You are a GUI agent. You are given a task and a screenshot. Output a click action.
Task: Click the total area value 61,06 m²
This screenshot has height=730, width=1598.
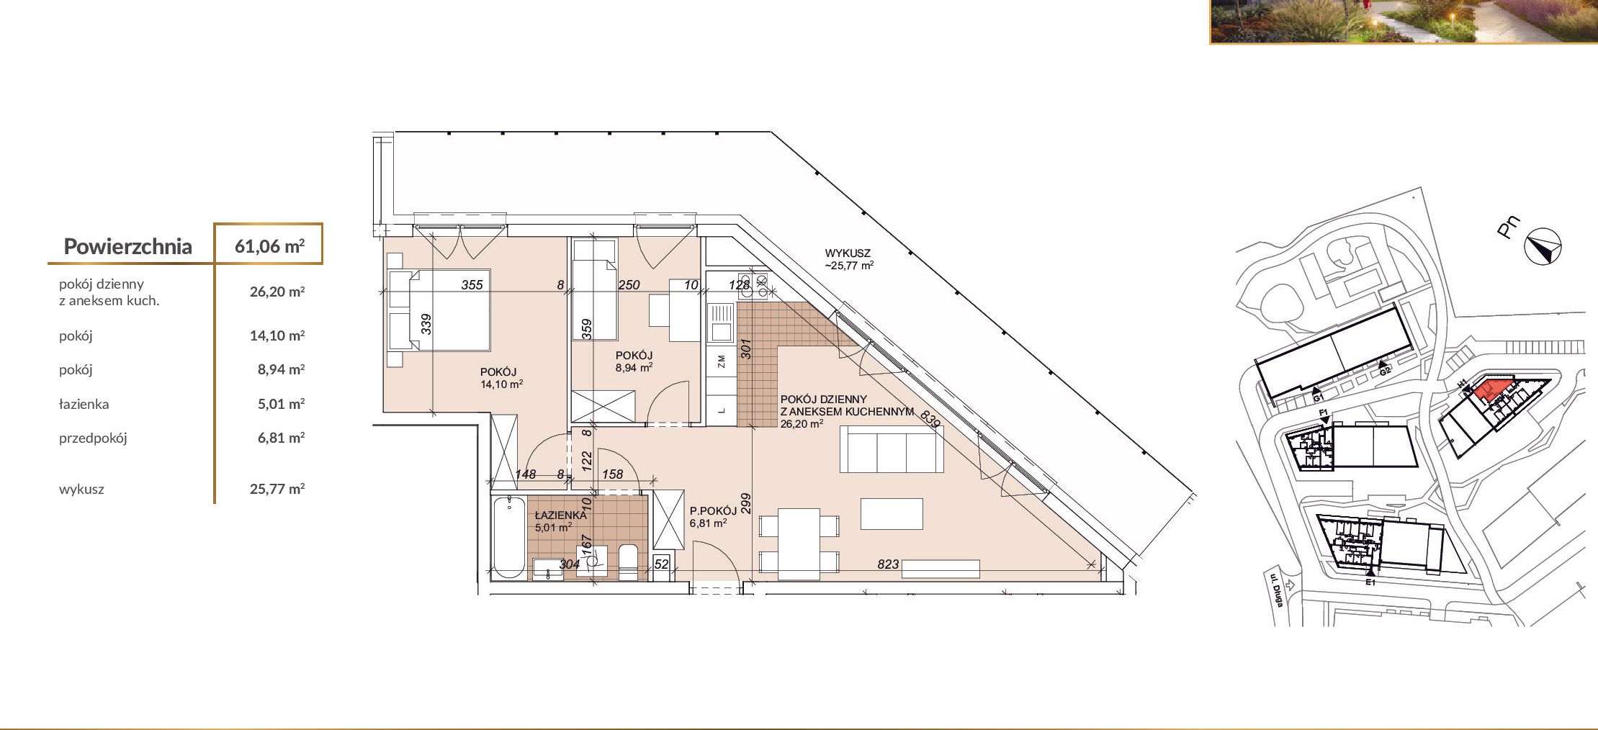269,246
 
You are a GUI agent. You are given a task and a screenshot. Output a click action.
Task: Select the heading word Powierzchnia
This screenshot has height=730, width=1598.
128,247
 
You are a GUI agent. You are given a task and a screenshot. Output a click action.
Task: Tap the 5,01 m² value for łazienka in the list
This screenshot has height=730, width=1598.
281,404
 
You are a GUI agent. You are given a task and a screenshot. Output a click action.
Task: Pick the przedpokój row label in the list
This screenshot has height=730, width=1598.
93,438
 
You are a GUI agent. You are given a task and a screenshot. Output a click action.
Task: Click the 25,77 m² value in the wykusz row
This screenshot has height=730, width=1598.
277,489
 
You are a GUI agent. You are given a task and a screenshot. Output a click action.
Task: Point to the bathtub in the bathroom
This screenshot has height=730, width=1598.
509,536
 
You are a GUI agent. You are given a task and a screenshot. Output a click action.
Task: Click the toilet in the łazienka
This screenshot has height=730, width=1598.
629,562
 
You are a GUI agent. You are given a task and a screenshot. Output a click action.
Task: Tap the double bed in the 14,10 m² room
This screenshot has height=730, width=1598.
439,310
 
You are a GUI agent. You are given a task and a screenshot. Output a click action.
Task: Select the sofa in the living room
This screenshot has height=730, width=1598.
892,449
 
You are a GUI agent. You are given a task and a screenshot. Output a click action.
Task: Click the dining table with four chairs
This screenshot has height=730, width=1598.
799,544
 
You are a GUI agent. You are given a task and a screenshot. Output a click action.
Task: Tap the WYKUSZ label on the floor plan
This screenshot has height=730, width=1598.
848,253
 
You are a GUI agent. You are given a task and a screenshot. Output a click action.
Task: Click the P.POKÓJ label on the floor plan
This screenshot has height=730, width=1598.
713,511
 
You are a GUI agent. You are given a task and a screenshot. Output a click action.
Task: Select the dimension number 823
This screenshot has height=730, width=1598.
888,564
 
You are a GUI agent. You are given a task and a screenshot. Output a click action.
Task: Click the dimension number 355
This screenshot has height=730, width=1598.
472,285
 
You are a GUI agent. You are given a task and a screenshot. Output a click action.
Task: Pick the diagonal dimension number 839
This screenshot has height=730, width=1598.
930,418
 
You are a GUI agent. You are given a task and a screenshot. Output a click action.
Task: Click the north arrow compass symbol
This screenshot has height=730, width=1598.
1543,247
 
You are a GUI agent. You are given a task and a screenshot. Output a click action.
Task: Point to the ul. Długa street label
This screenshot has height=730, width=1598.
1276,590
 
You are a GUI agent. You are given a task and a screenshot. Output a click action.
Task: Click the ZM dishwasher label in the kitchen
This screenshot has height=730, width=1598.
721,361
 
